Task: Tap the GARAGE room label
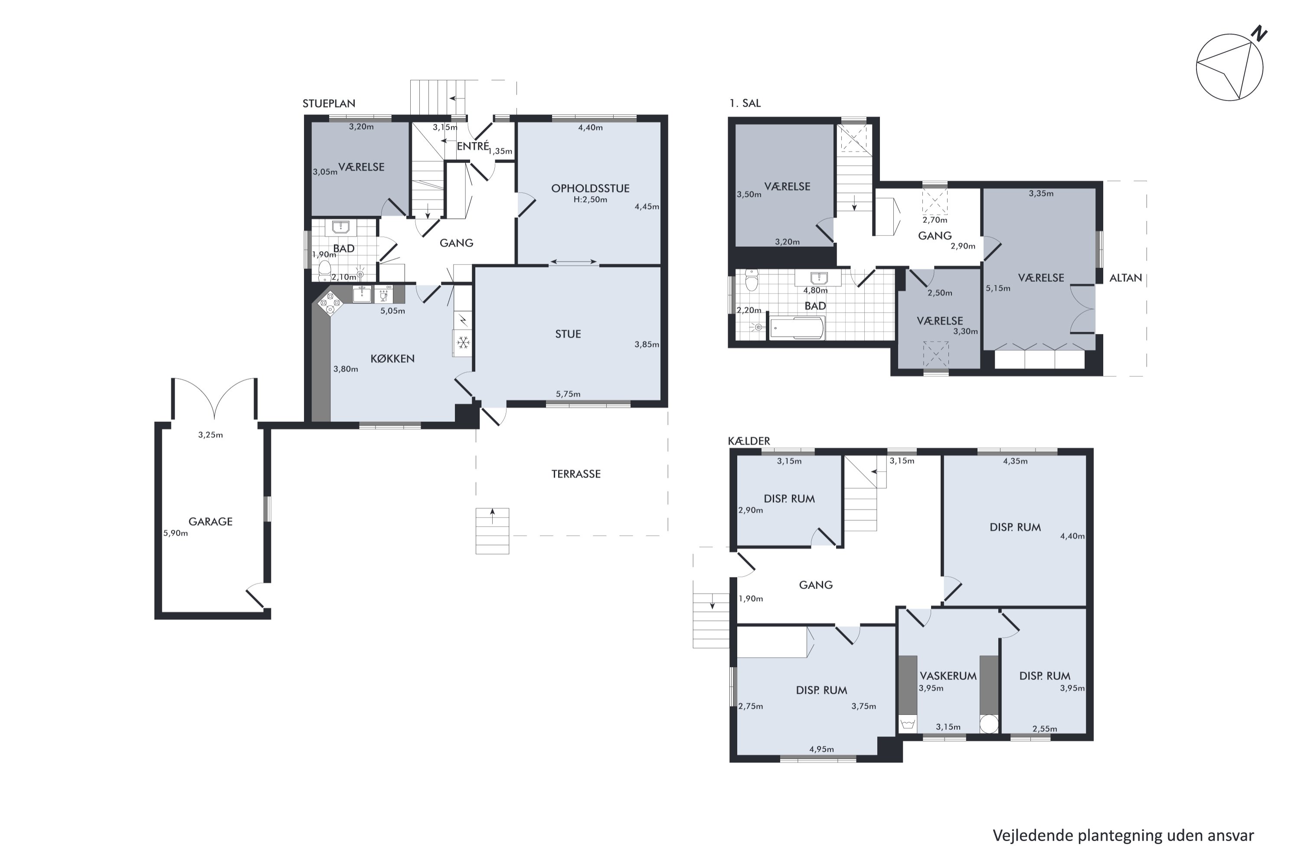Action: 210,522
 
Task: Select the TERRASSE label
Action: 576,474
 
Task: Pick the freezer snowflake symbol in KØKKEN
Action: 463,343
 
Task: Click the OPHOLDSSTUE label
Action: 590,189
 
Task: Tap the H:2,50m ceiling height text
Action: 590,199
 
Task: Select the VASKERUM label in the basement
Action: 948,676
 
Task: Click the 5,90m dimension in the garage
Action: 175,534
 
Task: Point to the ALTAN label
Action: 1126,278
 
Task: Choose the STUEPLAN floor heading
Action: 329,104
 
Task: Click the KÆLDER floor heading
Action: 749,441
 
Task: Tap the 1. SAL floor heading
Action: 745,104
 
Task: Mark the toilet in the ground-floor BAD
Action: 325,271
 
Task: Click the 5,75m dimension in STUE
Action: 568,394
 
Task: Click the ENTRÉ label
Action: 473,146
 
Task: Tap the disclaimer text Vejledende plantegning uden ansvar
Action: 1123,835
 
